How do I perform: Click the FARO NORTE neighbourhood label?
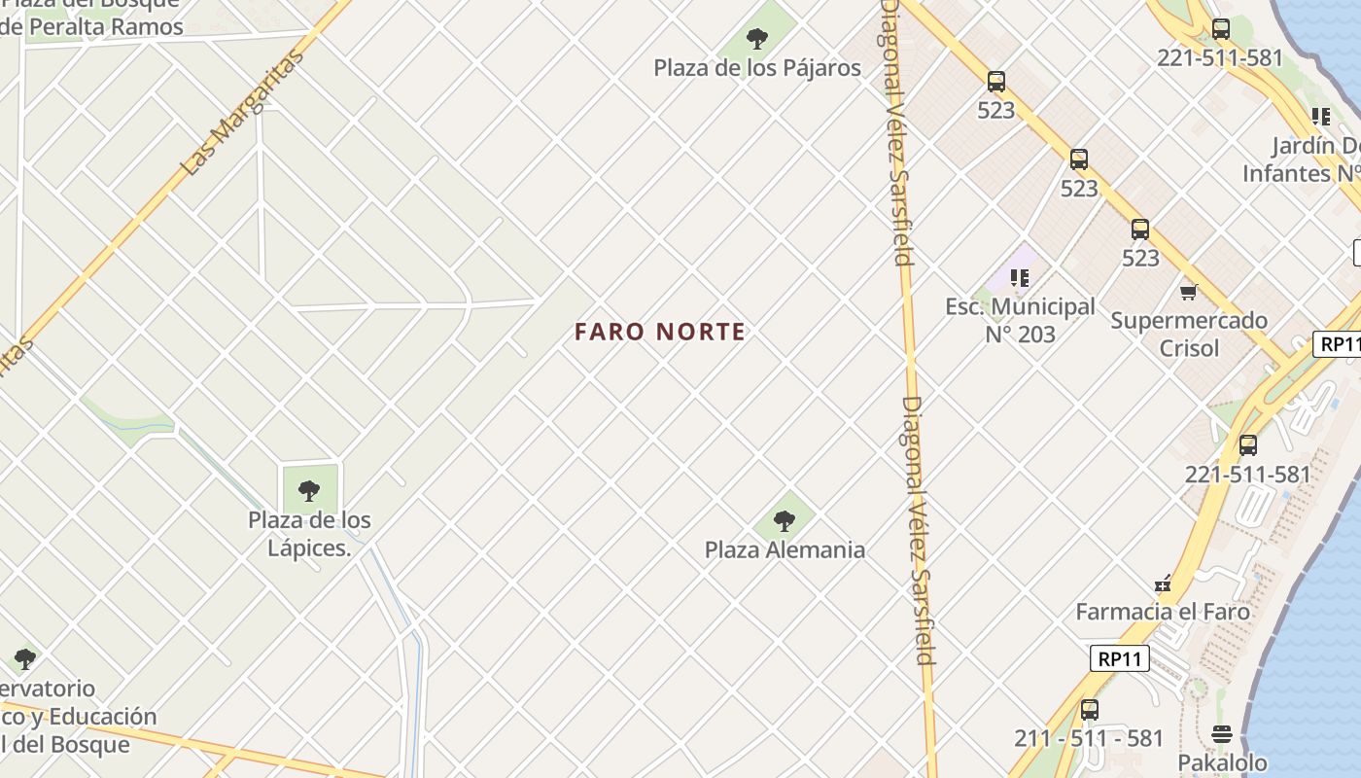point(660,332)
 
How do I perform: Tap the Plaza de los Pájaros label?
point(757,68)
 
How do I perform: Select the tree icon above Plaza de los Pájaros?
point(757,39)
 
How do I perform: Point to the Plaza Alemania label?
point(785,549)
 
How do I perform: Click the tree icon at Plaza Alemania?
point(785,521)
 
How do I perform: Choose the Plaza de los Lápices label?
point(309,534)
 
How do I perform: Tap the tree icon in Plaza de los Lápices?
point(309,491)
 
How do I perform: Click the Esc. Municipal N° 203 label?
point(1020,321)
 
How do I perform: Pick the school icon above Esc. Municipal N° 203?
point(1020,279)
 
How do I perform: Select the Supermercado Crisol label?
point(1189,334)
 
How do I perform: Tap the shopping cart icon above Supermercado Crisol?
point(1188,292)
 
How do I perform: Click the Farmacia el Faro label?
point(1163,612)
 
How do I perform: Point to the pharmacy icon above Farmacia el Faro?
point(1163,584)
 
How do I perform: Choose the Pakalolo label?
point(1223,762)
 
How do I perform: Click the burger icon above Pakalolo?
point(1223,734)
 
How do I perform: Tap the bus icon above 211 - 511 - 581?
point(1090,710)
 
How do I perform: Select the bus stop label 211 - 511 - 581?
point(1089,738)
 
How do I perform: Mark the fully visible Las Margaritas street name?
point(243,111)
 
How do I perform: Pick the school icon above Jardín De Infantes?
point(1320,117)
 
